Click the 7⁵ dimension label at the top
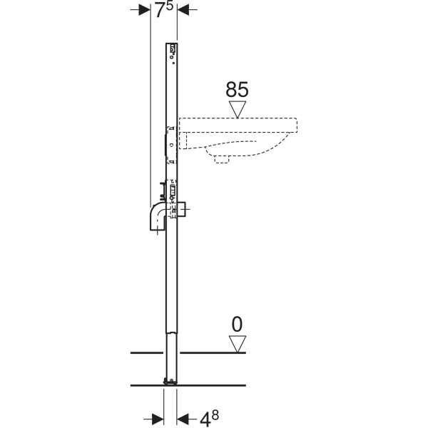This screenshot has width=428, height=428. [x=163, y=10]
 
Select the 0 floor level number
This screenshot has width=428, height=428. [x=236, y=325]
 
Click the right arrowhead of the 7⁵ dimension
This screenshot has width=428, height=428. [x=183, y=10]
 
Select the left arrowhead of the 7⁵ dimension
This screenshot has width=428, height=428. [x=141, y=10]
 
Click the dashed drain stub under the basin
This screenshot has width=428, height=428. [x=222, y=159]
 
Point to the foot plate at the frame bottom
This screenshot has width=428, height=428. [x=171, y=382]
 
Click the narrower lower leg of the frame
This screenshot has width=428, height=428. [x=171, y=357]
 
